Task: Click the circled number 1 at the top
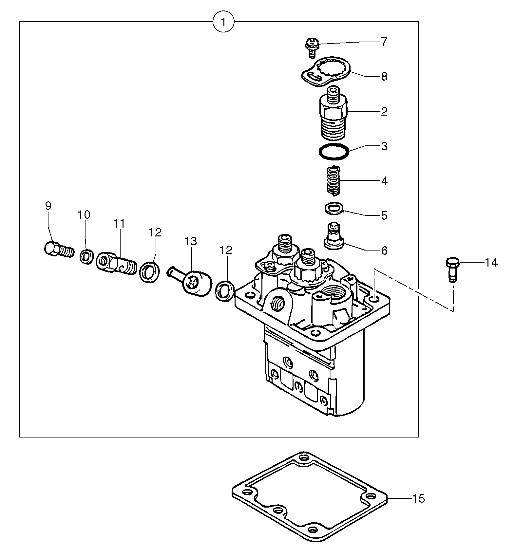223,22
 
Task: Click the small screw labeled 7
311,47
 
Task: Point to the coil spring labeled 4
334,181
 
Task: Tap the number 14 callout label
491,263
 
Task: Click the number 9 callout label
48,206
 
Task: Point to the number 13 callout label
190,241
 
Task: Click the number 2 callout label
384,112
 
